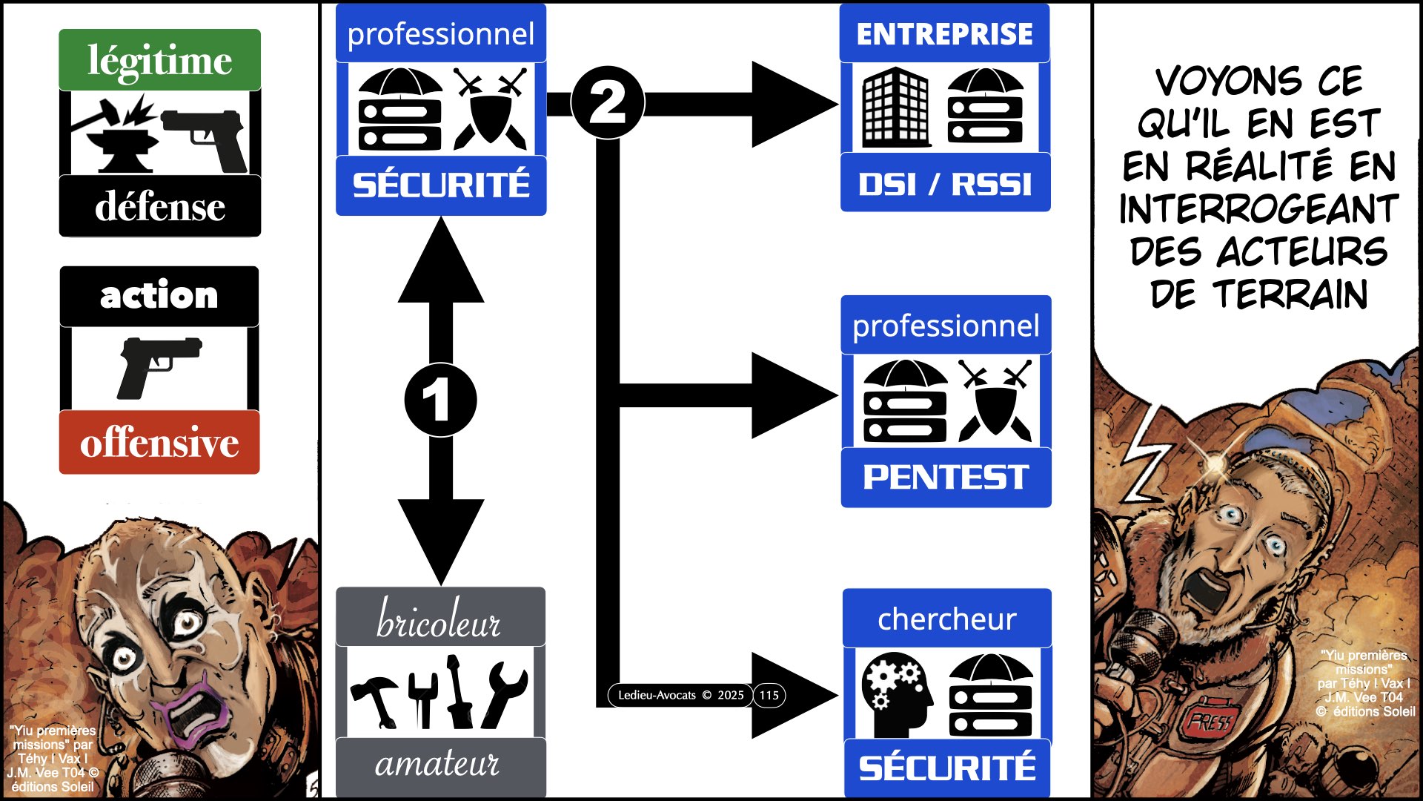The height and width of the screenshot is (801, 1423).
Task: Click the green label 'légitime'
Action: [x=159, y=60]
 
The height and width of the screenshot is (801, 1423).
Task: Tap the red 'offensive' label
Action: [x=159, y=443]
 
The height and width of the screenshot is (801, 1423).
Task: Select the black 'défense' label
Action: [x=159, y=206]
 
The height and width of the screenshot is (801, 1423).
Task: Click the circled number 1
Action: [x=440, y=400]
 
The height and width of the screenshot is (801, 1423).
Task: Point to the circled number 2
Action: [x=608, y=102]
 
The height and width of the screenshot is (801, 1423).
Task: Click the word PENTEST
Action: [x=946, y=477]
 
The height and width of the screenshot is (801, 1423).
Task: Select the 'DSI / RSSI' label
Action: [x=945, y=184]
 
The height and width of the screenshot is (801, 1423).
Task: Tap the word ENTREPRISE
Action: [x=944, y=34]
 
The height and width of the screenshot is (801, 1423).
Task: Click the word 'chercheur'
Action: [x=946, y=619]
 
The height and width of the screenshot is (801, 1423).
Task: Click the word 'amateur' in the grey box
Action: [x=437, y=763]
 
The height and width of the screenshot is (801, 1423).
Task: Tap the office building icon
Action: [x=895, y=108]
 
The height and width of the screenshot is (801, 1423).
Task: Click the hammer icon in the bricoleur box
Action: [x=375, y=698]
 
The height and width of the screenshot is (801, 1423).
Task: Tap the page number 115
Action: [x=769, y=695]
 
